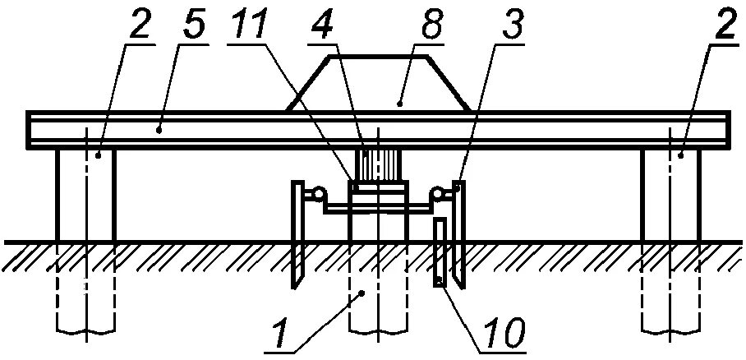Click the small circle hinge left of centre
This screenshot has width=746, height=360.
(x=310, y=194)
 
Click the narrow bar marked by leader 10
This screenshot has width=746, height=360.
(x=440, y=252)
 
